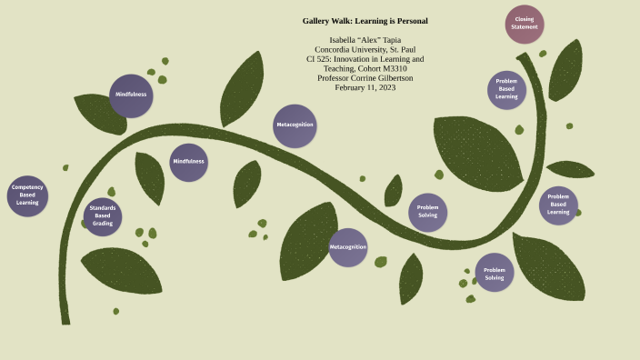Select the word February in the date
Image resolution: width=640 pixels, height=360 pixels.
coord(349,87)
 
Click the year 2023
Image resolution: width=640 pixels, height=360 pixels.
coord(387,87)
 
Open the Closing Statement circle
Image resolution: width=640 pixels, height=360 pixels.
coord(525,24)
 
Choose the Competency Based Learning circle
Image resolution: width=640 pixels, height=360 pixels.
coord(27,195)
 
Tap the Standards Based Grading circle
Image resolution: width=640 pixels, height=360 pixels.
coord(103,216)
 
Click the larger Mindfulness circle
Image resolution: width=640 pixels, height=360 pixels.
coord(131,95)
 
